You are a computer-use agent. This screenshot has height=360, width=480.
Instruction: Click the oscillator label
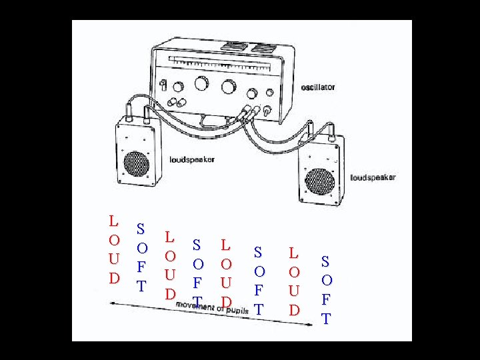pyautogui.click(x=317, y=87)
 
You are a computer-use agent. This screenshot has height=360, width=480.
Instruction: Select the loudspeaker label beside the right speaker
pyautogui.click(x=373, y=177)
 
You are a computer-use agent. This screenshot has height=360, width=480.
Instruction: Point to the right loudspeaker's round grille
pyautogui.click(x=322, y=179)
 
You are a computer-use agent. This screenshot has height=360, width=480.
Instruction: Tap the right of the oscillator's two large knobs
pyautogui.click(x=229, y=87)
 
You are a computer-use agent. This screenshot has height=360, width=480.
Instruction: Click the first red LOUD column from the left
pyautogui.click(x=114, y=248)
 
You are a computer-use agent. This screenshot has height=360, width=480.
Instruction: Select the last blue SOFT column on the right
pyautogui.click(x=326, y=289)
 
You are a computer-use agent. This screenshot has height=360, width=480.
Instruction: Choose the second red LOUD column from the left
pyautogui.click(x=170, y=265)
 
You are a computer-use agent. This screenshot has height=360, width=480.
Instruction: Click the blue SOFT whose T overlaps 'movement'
pyautogui.click(x=197, y=273)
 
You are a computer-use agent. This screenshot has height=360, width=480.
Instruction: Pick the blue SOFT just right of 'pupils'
pyautogui.click(x=259, y=281)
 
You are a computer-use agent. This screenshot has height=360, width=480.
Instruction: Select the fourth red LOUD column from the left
pyautogui.click(x=294, y=281)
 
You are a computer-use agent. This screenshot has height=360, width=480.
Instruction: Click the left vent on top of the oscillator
pyautogui.click(x=233, y=47)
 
